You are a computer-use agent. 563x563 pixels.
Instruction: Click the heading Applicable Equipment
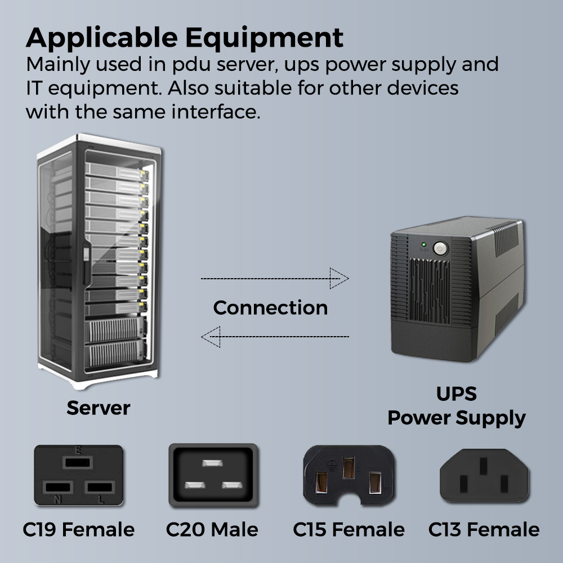[185, 37]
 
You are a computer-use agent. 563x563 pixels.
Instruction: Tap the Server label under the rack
[98, 408]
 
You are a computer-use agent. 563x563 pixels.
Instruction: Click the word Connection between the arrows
[270, 307]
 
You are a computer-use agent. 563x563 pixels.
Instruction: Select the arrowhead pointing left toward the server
[211, 337]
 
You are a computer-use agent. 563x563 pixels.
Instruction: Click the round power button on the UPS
[440, 248]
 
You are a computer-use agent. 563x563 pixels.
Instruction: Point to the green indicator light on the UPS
[423, 245]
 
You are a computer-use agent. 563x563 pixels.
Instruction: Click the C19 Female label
[79, 530]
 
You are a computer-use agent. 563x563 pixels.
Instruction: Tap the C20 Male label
[212, 530]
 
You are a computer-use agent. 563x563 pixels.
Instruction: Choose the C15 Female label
[348, 530]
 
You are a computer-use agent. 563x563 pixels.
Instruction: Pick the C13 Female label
[484, 530]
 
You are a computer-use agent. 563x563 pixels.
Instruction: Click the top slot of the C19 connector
[78, 463]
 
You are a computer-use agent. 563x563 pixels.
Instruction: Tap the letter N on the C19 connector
[57, 499]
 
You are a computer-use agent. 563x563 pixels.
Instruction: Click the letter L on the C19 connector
[101, 499]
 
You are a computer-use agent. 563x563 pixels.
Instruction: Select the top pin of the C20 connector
[212, 463]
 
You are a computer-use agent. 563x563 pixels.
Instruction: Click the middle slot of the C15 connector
[348, 468]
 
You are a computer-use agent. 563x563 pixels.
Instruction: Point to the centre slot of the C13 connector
[483, 467]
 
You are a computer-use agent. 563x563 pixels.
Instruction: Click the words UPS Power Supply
[456, 406]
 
